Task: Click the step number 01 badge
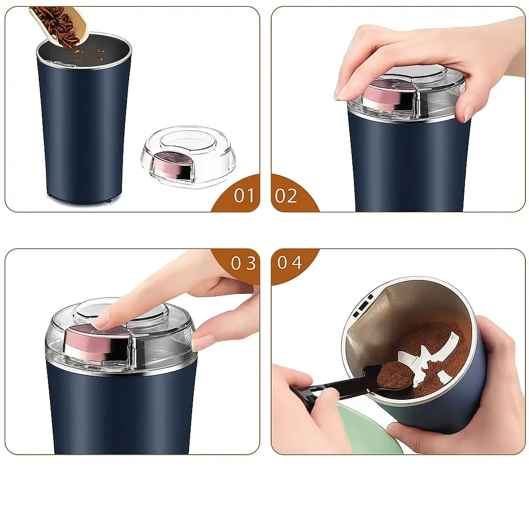tap(243, 196)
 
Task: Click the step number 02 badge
tap(287, 196)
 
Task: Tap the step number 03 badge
tap(243, 263)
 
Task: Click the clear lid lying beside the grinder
tap(189, 155)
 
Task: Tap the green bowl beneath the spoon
tap(369, 434)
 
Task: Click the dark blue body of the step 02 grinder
tap(408, 165)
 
